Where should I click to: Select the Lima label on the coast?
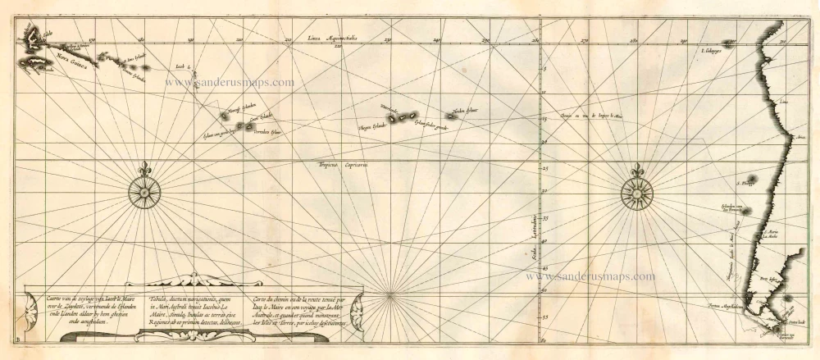click(783, 103)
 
